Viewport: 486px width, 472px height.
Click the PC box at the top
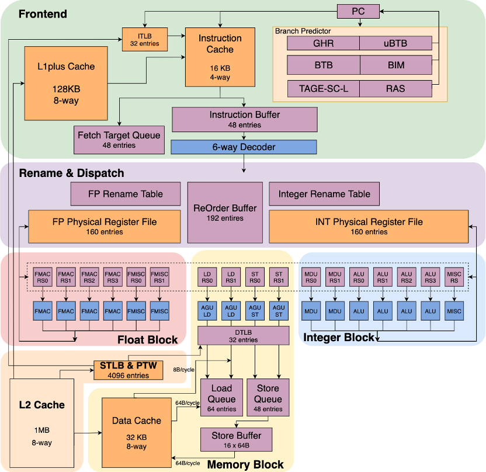[358, 11]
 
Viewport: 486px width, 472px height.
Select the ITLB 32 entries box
[145, 39]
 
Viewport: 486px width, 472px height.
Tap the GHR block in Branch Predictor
[323, 43]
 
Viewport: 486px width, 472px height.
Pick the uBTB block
[395, 43]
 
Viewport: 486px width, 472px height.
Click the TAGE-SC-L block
[323, 89]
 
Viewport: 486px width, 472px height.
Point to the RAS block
[395, 89]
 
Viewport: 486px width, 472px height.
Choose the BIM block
[395, 65]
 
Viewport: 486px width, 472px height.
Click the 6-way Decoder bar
[244, 147]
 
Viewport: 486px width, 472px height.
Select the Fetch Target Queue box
[119, 140]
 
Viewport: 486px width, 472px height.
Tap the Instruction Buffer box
[244, 119]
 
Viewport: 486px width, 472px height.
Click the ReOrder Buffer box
[224, 213]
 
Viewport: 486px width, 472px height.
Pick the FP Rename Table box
[125, 194]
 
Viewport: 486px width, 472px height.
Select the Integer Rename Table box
[324, 194]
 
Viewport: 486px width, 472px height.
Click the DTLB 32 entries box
[244, 335]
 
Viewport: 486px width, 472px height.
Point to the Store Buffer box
[236, 439]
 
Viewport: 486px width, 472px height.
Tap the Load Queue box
[221, 398]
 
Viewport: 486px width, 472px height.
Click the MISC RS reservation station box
[454, 277]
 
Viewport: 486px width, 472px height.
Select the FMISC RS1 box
[159, 277]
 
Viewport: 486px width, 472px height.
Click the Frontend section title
[43, 14]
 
